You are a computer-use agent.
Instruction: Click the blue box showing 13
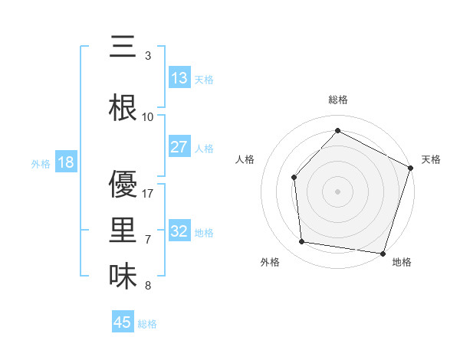point(179,78)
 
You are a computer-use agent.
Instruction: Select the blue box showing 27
point(179,147)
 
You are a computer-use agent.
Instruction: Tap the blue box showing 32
point(179,231)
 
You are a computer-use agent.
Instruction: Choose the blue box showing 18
point(65,162)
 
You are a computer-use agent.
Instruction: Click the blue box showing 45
point(123,322)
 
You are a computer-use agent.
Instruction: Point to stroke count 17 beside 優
point(148,194)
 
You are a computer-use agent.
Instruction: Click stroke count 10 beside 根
point(148,117)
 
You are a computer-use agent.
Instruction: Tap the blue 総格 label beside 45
point(147,323)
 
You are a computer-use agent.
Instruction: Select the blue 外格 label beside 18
point(41,163)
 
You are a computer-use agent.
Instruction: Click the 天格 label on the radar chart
point(431,159)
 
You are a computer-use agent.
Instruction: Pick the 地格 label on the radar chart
point(402,262)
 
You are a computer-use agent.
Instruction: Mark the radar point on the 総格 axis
point(337,130)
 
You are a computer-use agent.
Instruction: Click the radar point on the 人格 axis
point(294,177)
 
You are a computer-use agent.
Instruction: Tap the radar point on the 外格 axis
point(303,242)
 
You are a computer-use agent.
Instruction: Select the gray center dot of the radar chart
point(337,191)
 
